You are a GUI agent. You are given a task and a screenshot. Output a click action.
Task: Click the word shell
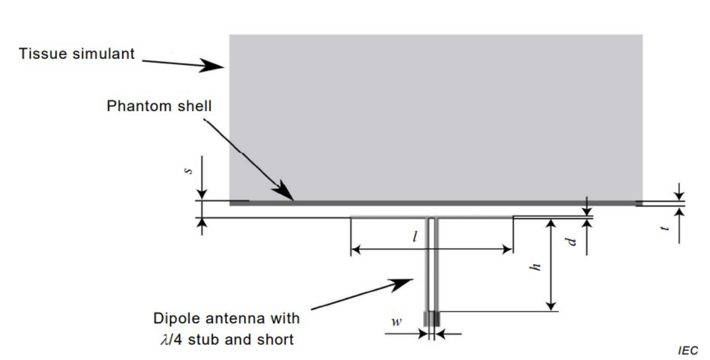click(195, 106)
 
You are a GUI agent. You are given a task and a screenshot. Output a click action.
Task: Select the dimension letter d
click(571, 241)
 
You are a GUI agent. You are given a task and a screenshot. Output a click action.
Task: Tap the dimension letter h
click(535, 267)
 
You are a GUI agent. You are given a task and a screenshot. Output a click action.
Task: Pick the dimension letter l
click(415, 237)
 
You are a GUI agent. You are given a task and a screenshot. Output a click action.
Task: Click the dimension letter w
click(397, 322)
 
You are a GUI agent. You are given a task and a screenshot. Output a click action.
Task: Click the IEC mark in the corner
click(688, 350)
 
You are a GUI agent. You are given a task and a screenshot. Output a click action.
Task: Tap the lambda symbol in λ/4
click(165, 340)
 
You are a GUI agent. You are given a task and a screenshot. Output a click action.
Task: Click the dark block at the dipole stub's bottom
click(432, 319)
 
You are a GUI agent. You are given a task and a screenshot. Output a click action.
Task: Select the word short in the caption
click(275, 340)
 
